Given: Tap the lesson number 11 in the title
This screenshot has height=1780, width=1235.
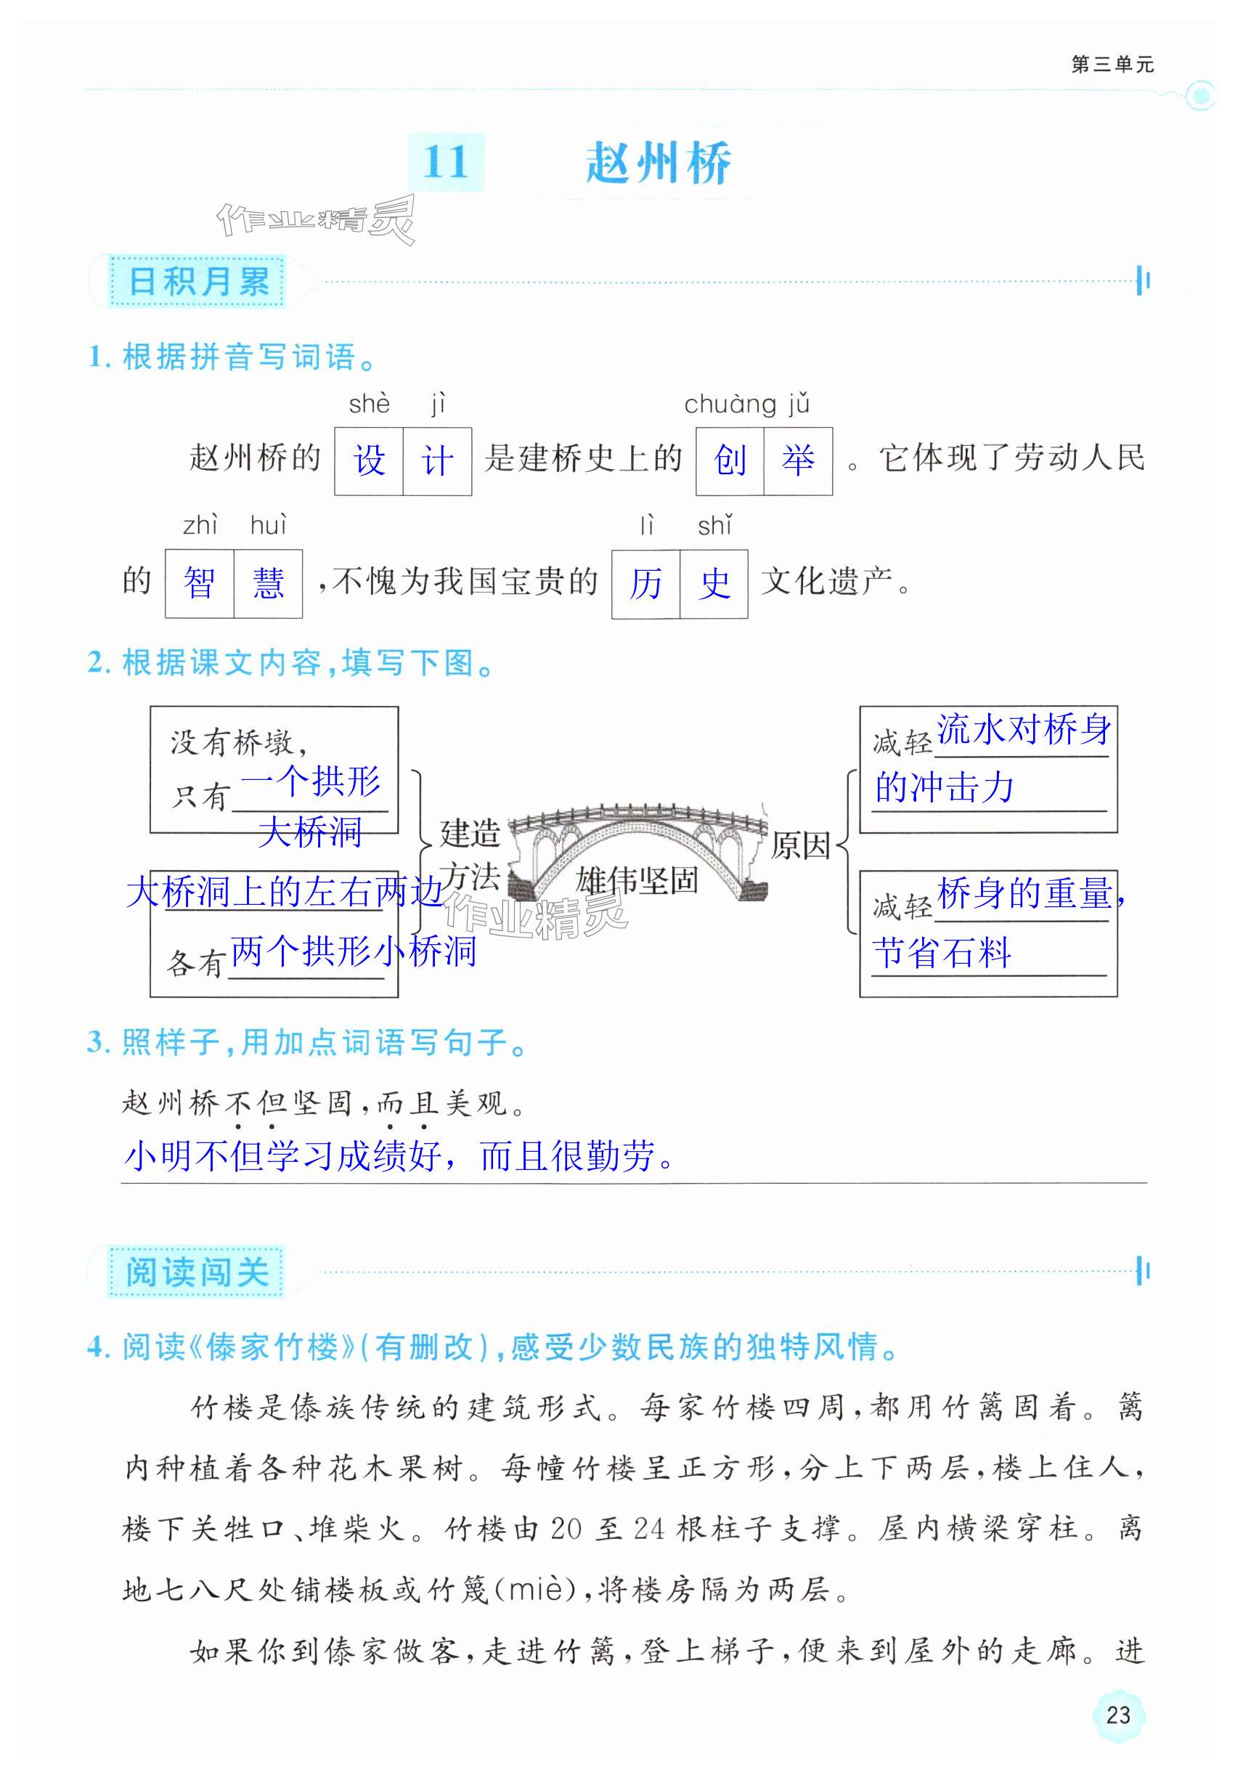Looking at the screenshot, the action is point(446,163).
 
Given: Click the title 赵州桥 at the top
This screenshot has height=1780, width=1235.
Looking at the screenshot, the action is point(658,163).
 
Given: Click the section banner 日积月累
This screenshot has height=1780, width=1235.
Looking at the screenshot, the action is point(198,280).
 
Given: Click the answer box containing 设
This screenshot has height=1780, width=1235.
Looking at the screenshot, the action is point(369,461).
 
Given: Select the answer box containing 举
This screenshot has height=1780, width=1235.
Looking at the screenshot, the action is point(798,461).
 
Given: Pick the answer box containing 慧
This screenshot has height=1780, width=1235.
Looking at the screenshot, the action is point(268,584).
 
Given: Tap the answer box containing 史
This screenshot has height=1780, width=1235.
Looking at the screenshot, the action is point(714,584).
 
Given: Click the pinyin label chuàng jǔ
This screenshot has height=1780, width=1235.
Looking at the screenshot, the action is point(746,404).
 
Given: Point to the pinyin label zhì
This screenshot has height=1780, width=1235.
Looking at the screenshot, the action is point(200,526).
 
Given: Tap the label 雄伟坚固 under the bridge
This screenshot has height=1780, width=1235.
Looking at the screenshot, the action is point(637,880).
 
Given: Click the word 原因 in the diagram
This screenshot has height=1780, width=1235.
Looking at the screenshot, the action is point(800,845).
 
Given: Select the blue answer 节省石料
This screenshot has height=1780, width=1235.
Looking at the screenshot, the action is point(942,952).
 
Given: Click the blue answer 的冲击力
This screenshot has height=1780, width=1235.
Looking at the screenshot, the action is point(944,788).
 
